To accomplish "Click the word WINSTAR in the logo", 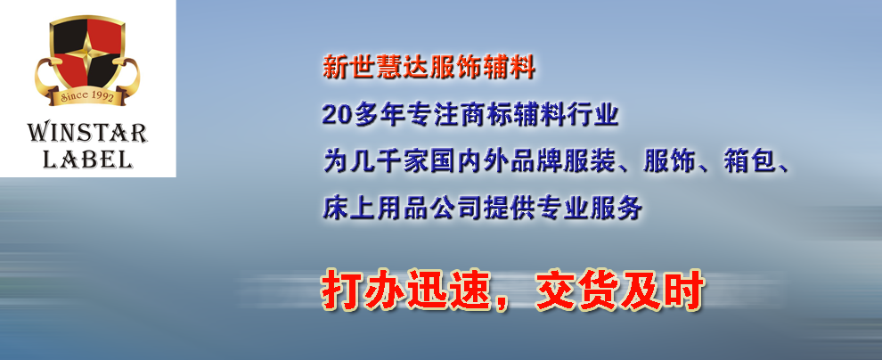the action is point(87,133).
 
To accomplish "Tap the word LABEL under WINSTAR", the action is point(87,160).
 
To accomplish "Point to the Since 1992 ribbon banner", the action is point(87,96).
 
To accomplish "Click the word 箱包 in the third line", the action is point(750,161).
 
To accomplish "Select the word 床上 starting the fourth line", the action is point(348,209).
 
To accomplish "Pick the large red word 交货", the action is point(577,290).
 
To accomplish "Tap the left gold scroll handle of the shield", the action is point(45,78).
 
